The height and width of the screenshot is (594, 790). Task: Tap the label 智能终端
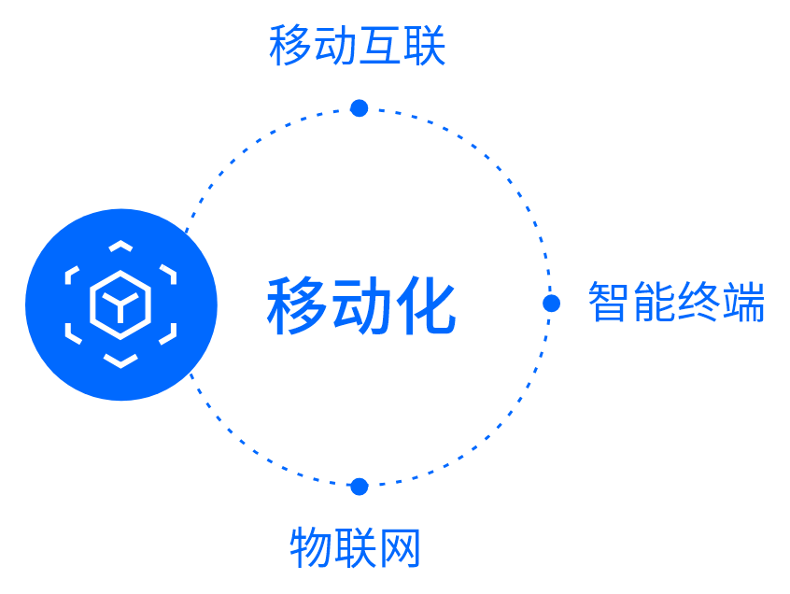(676, 303)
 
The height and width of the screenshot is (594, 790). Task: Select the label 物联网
(356, 548)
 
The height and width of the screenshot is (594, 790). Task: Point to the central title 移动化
(361, 306)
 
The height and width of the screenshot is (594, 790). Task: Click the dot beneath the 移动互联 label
(360, 108)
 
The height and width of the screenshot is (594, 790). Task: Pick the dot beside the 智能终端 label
(551, 303)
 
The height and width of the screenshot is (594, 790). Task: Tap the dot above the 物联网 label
(360, 487)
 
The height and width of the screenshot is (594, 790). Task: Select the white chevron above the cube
(120, 247)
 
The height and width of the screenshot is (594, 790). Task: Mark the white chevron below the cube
(120, 361)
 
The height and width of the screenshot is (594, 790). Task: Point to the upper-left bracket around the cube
(72, 276)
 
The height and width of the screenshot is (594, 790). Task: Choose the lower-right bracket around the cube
(169, 333)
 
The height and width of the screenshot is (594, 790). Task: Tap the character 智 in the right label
(609, 303)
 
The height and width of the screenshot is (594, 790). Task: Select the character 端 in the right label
(743, 303)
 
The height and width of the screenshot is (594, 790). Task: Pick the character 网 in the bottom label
(400, 548)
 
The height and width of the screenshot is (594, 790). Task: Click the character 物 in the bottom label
(311, 548)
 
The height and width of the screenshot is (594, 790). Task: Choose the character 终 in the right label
(698, 303)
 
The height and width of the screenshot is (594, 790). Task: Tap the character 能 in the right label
(654, 303)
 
